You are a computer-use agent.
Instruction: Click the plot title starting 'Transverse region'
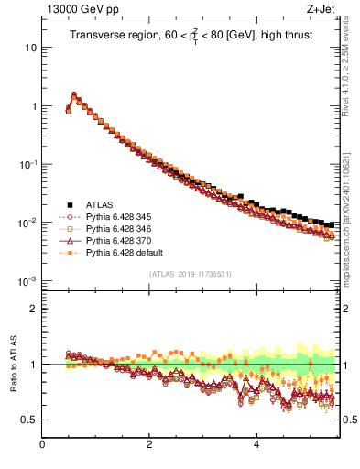[x=191, y=36]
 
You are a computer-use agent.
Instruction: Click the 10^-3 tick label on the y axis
[x=27, y=281]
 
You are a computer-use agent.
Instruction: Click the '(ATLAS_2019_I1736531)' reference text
[x=191, y=274]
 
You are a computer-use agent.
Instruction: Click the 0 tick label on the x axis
[x=42, y=444]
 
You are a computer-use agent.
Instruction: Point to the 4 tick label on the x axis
[x=256, y=444]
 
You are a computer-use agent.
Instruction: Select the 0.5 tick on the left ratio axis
[x=29, y=420]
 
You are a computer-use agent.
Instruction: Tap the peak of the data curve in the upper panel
[x=74, y=94]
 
